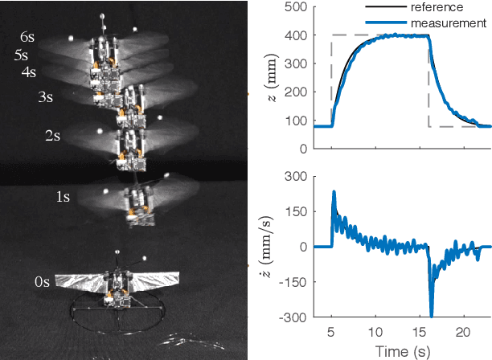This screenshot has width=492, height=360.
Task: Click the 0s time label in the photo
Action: [x=43, y=282]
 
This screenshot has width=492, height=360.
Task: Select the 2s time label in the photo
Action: [x=52, y=137]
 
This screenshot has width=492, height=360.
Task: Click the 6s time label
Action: [x=29, y=36]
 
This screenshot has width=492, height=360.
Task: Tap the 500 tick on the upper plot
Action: [x=297, y=7]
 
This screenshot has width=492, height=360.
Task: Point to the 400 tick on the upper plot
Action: [x=297, y=35]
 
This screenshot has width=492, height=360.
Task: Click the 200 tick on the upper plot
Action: [x=297, y=92]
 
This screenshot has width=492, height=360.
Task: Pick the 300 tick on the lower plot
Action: [x=297, y=177]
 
